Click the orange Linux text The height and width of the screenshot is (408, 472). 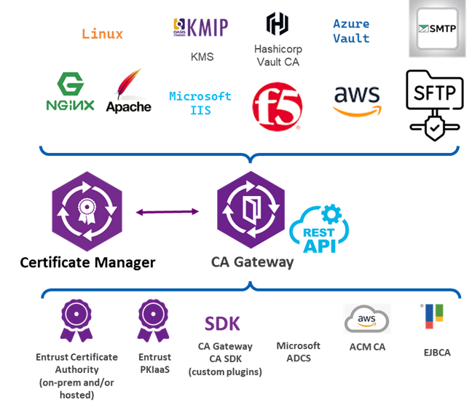(102, 34)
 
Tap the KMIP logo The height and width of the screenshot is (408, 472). (199, 28)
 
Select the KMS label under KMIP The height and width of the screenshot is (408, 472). (202, 57)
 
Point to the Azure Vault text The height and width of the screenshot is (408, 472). (351, 31)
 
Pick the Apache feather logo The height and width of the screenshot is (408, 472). (128, 92)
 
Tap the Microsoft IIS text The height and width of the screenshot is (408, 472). (200, 102)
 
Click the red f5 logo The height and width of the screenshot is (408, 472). (277, 106)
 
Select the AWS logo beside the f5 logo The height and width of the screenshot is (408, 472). (357, 101)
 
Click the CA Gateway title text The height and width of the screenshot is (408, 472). (252, 262)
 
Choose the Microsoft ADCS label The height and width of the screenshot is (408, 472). (298, 351)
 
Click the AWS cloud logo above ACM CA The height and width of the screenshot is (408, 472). (367, 318)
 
